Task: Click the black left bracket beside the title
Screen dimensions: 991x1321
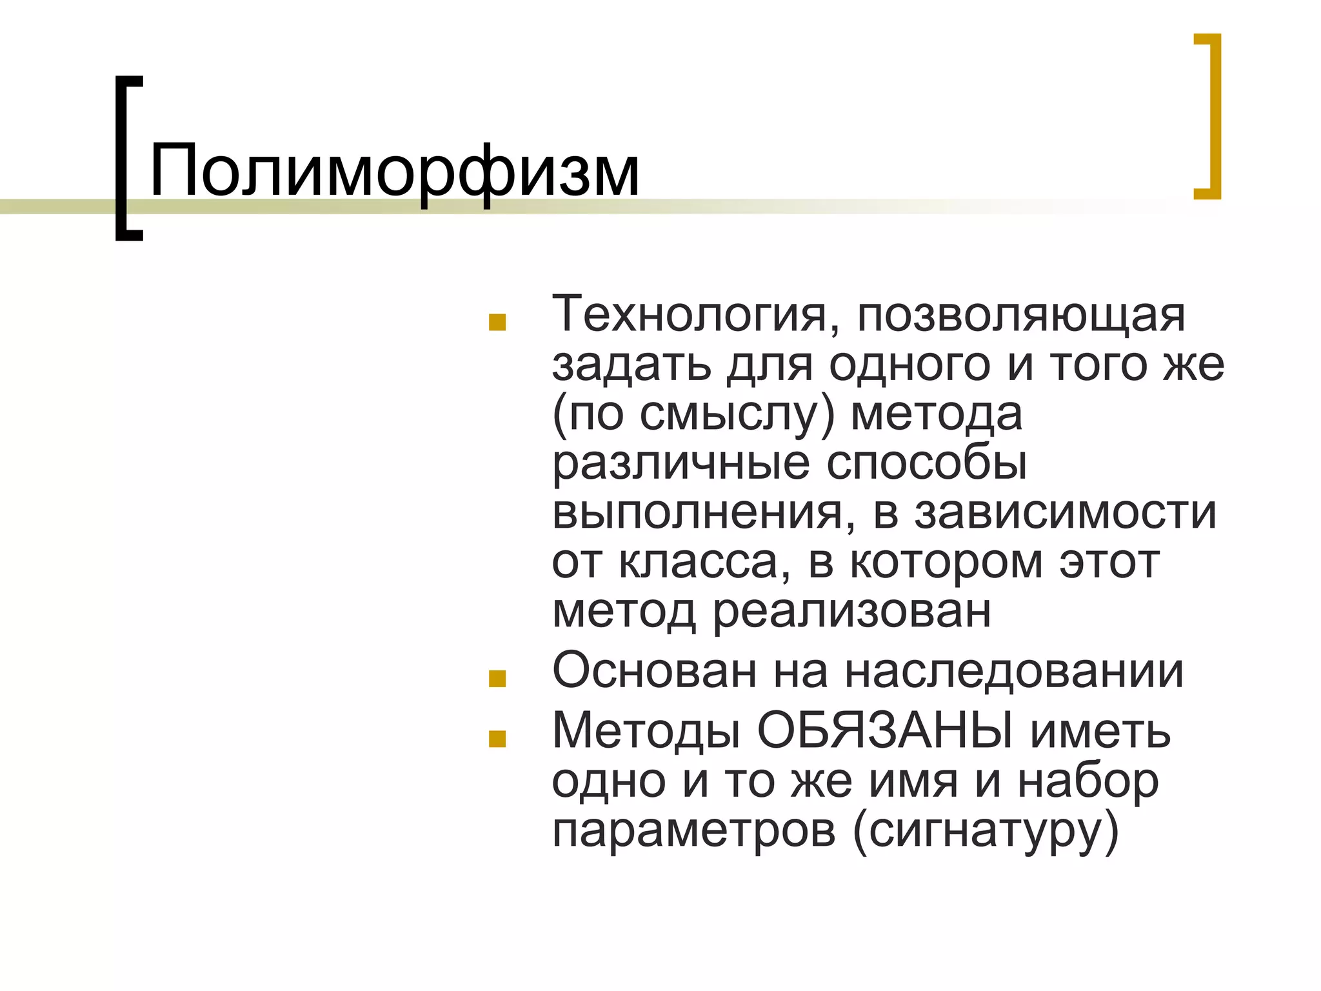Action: (x=123, y=158)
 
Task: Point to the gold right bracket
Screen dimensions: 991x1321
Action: (x=1214, y=116)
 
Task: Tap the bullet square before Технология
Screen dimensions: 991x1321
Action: (x=497, y=323)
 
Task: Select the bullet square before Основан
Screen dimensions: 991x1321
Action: (x=497, y=679)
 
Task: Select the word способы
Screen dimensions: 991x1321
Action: (x=926, y=463)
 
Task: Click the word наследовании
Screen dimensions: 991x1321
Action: (x=1014, y=672)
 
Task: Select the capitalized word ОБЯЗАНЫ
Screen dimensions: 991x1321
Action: (x=885, y=732)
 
